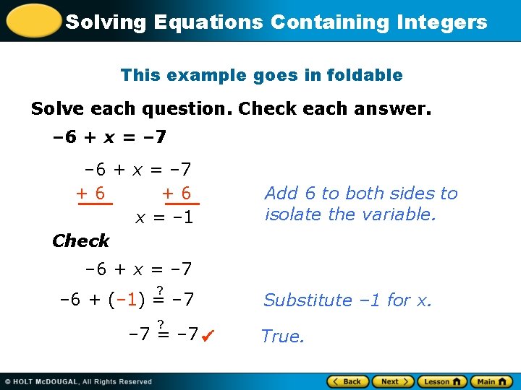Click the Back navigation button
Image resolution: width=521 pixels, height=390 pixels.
click(347, 381)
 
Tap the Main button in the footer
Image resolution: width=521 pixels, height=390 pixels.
click(491, 381)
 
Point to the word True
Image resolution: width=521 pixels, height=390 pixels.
click(282, 337)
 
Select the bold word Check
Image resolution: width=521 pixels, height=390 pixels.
click(80, 240)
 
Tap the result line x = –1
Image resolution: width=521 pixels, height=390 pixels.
click(164, 217)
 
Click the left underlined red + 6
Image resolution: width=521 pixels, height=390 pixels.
click(92, 194)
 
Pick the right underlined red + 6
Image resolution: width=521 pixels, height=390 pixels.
click(177, 194)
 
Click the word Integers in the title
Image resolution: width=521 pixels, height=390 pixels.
click(442, 22)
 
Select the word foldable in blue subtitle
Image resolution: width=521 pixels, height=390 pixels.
click(365, 75)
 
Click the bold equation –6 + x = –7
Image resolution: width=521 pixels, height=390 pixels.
click(110, 136)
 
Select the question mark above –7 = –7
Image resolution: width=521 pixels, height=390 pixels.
click(161, 324)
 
